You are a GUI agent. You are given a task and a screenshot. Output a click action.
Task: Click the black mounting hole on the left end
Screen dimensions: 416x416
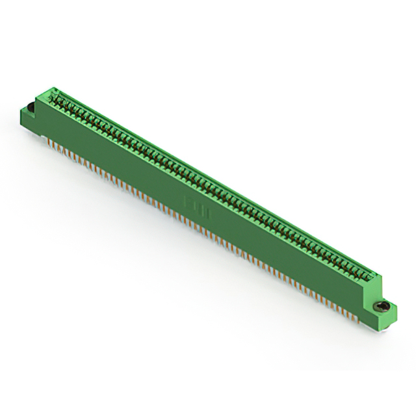(x=30, y=107)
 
